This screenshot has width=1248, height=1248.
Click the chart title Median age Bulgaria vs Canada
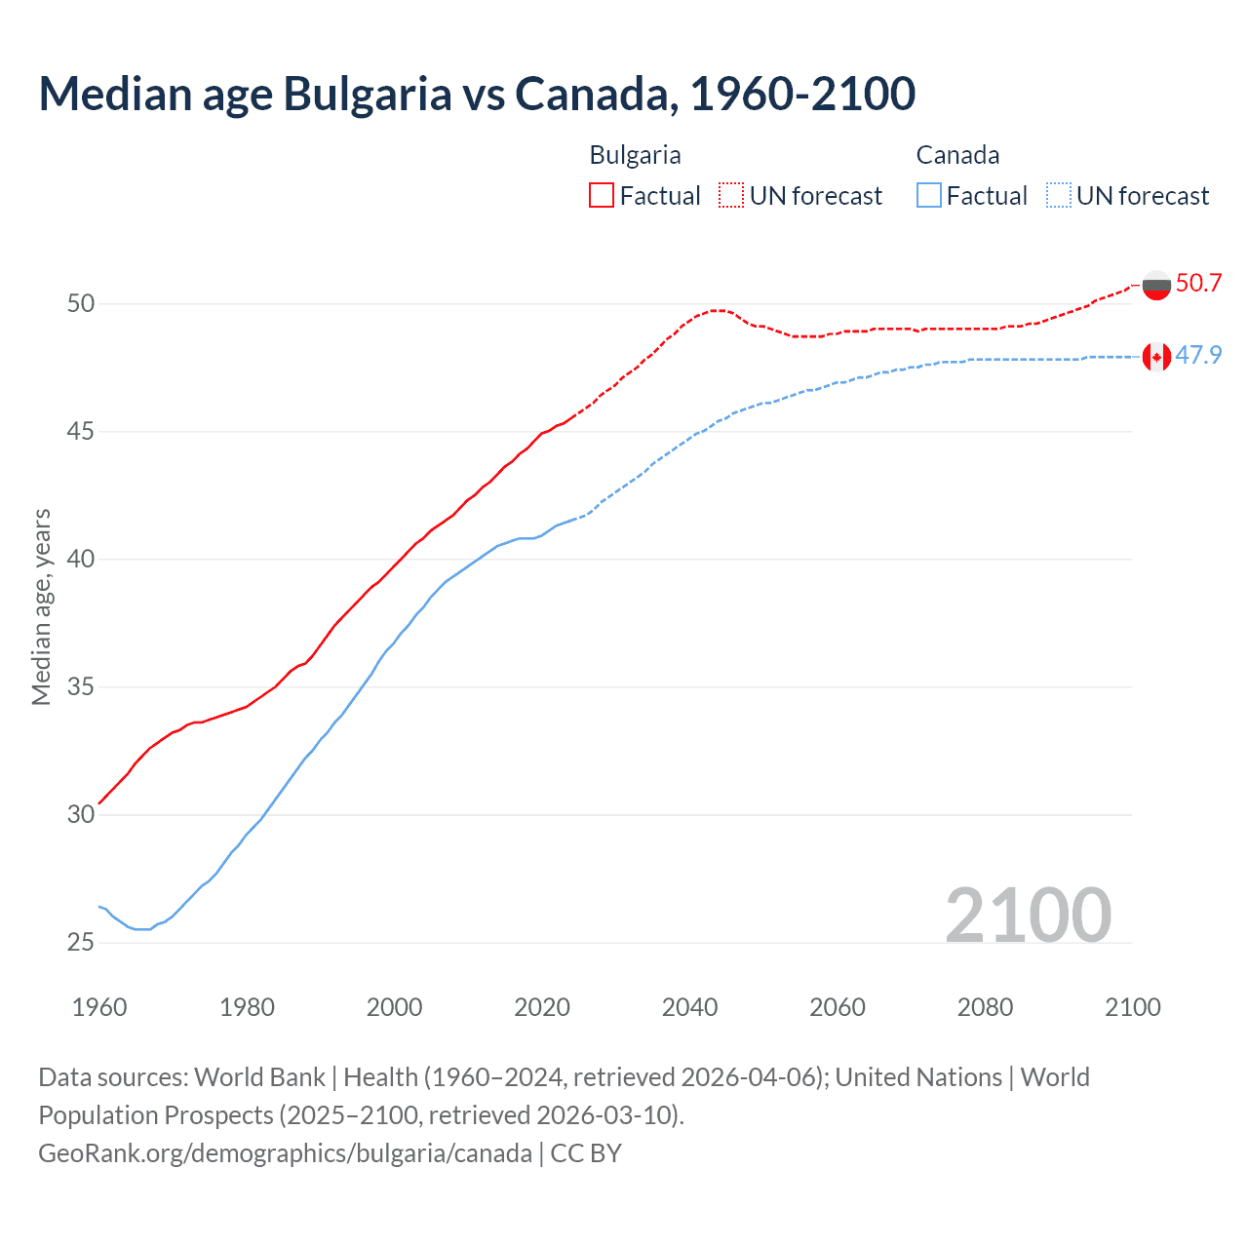477,94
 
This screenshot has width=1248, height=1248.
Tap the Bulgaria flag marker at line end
1156,285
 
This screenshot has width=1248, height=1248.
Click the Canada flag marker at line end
1156,357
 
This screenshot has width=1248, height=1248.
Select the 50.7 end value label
1198,284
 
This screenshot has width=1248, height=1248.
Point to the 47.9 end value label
1198,356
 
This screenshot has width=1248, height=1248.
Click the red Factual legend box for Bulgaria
602,196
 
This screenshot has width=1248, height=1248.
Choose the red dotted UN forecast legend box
731,196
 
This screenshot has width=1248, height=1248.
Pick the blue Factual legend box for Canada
929,196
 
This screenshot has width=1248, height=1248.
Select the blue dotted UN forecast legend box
1058,196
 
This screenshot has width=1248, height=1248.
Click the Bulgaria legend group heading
635,155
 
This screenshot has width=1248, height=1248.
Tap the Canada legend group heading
957,155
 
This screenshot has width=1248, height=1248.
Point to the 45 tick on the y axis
81,432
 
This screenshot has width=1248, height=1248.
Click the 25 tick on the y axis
81,943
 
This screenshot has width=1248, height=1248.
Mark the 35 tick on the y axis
81,687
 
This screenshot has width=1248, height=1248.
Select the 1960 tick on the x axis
99,1007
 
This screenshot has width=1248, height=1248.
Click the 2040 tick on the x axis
689,1007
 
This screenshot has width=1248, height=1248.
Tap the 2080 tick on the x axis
985,1007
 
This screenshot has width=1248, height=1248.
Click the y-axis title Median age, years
42,606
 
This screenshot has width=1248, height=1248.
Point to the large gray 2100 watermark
1028,916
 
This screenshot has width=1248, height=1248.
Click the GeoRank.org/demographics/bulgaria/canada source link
285,1153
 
